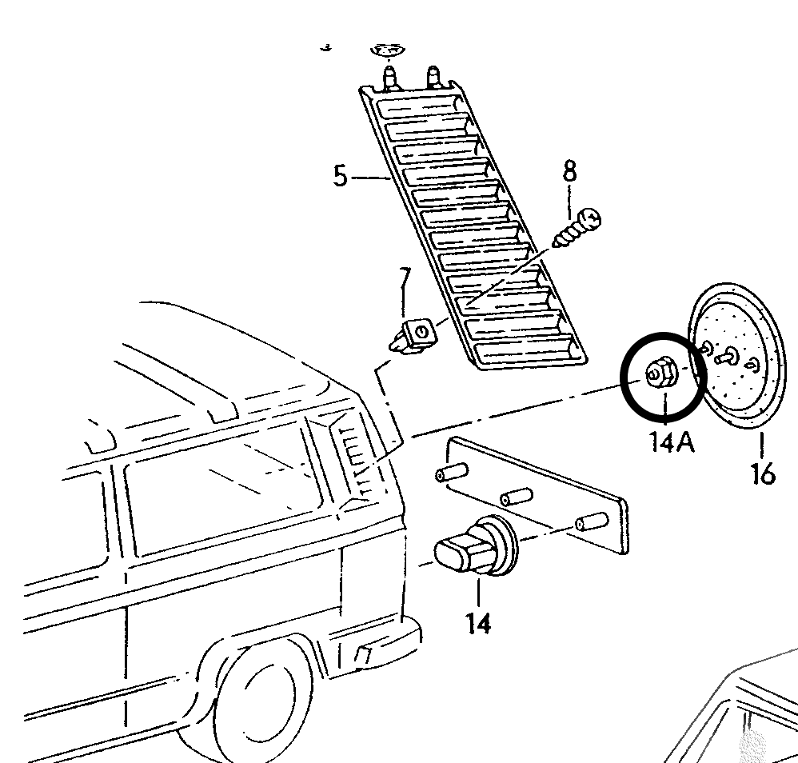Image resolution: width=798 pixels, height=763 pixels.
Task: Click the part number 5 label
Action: pos(341,175)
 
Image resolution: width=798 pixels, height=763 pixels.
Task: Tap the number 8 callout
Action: pos(569,172)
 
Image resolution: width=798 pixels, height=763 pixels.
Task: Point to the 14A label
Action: pos(672,441)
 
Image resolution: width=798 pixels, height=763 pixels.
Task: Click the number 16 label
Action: pos(762,474)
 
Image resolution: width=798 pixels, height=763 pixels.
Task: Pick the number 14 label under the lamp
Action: pos(478,622)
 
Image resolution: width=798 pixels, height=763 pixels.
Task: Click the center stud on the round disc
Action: pos(729,357)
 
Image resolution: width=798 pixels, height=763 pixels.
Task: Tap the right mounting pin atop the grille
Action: pos(435,77)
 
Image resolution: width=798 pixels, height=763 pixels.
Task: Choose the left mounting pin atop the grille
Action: pos(391,77)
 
